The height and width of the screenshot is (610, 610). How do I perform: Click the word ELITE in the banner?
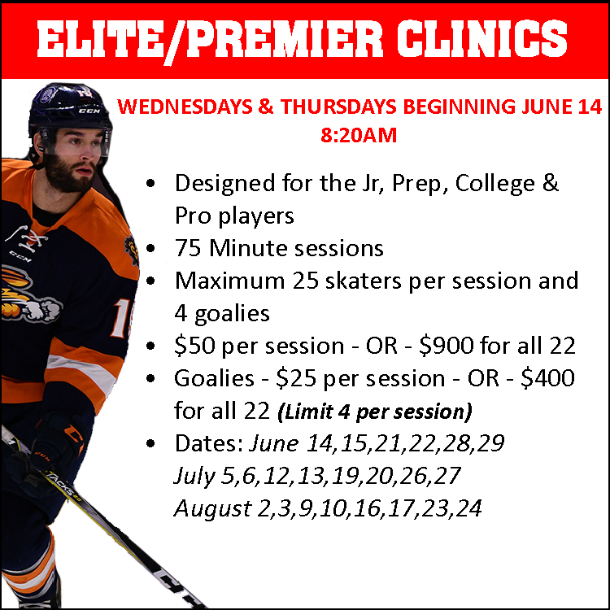(x=99, y=39)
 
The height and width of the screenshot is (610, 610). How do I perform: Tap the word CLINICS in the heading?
(x=482, y=39)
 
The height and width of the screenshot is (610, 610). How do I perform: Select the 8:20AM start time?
(x=359, y=135)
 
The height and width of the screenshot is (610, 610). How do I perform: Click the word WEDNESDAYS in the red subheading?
(x=185, y=107)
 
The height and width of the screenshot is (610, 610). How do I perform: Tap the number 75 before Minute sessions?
(x=188, y=248)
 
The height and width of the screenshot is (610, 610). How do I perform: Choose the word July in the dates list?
(x=194, y=477)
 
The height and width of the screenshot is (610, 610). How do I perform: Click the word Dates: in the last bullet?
(x=209, y=443)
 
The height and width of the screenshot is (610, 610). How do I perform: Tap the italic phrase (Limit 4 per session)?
(x=375, y=412)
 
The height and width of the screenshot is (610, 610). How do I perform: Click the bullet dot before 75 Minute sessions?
(x=150, y=248)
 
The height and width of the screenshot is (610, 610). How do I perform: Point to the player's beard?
(x=69, y=174)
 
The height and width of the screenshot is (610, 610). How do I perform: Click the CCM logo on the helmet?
(x=89, y=111)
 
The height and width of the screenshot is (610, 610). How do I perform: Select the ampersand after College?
(x=550, y=183)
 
